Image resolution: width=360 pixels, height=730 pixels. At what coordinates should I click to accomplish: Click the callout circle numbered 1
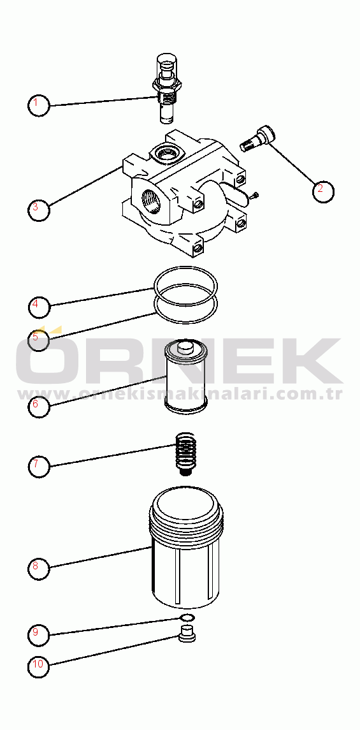point(39,105)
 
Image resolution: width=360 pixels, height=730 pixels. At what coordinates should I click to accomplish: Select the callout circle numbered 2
point(323,190)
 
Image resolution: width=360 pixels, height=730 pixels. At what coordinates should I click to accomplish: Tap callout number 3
point(39,208)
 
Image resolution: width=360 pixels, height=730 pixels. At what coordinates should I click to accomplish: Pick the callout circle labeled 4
point(39,305)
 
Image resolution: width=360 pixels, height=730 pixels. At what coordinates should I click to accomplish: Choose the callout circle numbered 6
point(39,404)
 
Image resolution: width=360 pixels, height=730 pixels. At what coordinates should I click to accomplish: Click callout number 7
point(39,465)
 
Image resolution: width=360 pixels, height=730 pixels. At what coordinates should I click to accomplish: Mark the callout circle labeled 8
point(39,567)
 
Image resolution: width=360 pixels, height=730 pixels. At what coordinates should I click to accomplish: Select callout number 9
point(39,633)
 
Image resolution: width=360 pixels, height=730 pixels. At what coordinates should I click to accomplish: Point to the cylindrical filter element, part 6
point(186,376)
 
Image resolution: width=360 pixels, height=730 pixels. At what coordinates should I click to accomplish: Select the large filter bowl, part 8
point(186,547)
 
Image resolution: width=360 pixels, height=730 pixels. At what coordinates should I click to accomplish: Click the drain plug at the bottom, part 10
point(187,634)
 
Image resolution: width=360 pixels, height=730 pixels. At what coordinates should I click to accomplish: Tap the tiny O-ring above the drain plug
point(187,617)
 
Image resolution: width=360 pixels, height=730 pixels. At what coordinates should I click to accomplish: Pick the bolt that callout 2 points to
point(257,139)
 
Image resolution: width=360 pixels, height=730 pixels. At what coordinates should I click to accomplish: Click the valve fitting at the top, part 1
point(167,89)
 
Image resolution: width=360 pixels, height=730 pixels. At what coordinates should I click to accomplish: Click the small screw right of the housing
point(252,196)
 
